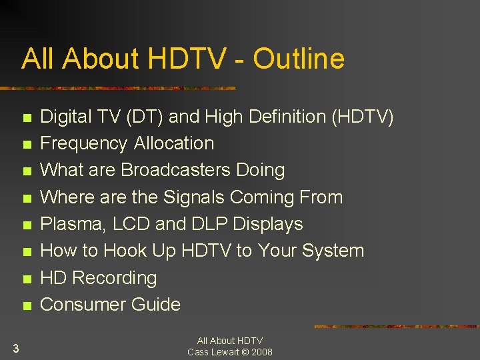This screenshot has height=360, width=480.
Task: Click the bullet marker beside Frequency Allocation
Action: point(26,145)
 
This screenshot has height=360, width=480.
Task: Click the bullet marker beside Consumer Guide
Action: point(26,306)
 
